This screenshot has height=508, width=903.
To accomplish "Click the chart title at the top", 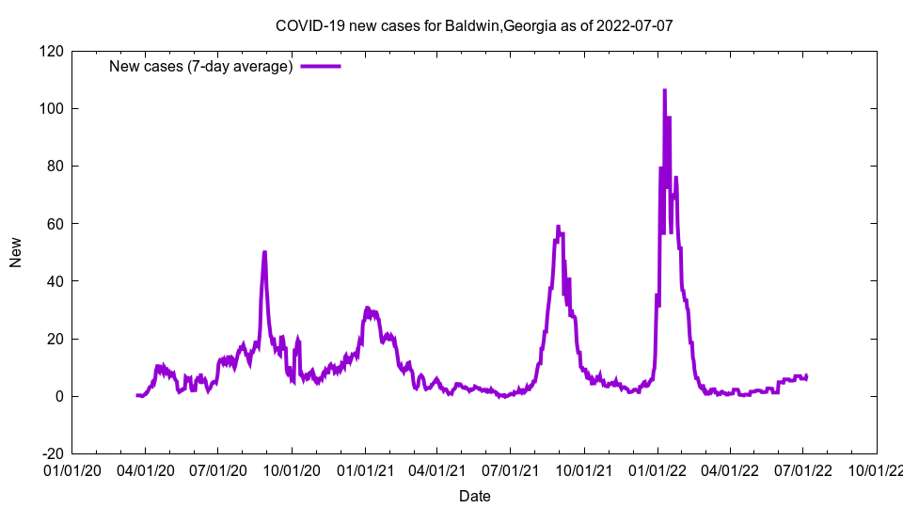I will point(474,25).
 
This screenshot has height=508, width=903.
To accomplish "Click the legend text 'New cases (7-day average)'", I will point(201,66).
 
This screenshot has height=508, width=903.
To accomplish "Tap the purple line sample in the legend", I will point(320,66).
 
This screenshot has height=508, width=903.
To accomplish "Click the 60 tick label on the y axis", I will point(54,224).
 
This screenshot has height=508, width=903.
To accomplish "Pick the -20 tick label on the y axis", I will point(50,453).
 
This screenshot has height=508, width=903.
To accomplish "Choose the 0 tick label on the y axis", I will point(57,396).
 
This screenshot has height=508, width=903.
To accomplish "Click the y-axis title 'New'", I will point(16,252).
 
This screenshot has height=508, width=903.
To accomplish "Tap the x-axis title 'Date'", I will point(474,496).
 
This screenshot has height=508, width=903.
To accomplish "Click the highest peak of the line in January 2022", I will point(664,90).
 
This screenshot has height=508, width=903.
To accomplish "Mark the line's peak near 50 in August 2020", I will point(264,252).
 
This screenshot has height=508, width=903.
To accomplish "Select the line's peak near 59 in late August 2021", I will point(558,226).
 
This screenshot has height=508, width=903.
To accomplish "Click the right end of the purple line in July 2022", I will point(806,376).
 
